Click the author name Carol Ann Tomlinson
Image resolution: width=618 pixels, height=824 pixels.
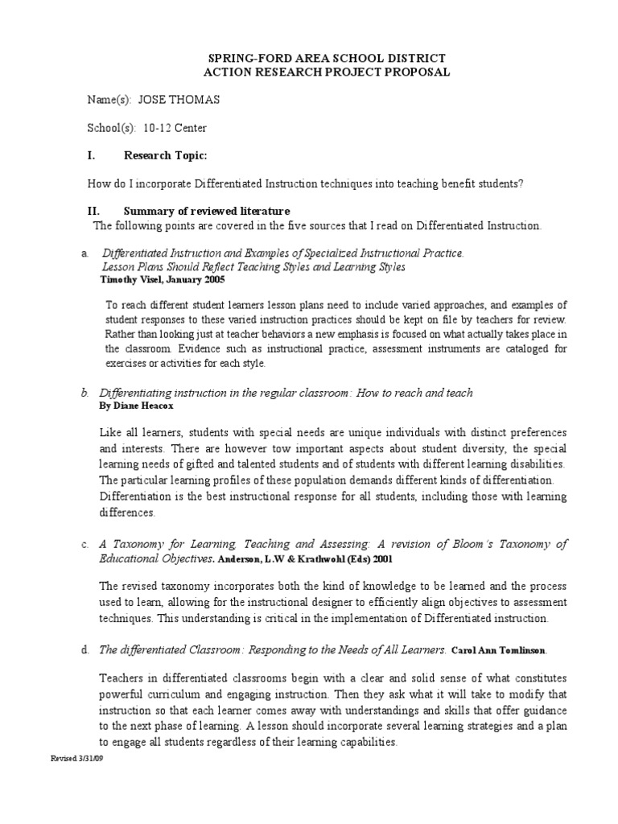501,649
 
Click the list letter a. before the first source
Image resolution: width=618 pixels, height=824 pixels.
84,253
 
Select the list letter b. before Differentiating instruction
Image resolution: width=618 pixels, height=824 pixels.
84,393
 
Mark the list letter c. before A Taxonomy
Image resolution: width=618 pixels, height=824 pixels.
84,544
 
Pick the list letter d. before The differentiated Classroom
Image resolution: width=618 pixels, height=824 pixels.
84,649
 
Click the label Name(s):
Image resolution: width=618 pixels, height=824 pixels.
109,100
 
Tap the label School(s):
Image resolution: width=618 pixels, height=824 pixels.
112,127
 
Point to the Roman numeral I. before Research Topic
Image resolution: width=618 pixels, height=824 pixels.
91,155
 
